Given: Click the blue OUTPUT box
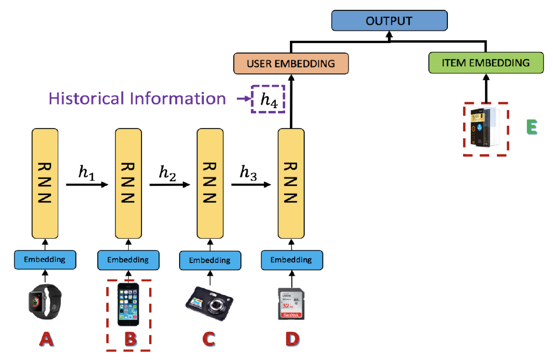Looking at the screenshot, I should click(x=389, y=21).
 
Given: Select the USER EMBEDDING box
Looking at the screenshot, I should click(x=291, y=63).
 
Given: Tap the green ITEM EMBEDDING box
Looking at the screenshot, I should click(x=486, y=63).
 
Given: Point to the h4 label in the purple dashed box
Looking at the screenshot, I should click(x=268, y=99).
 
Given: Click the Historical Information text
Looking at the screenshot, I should click(x=137, y=99).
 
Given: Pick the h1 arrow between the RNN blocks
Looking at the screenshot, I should click(x=87, y=185).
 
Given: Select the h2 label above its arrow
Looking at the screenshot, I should click(x=167, y=173).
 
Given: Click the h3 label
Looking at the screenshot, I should click(x=248, y=173).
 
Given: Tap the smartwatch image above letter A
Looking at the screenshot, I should click(x=45, y=302).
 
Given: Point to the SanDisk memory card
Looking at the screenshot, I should click(x=291, y=304).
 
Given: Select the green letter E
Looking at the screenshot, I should click(x=531, y=127).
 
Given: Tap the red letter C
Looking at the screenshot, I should click(x=209, y=339).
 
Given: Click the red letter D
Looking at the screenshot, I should click(x=292, y=339).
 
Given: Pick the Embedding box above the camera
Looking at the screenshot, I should click(x=210, y=260).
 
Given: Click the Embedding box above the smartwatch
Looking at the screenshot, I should click(x=45, y=260).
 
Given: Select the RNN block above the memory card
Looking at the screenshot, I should click(x=291, y=183).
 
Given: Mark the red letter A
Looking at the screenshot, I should click(x=47, y=339).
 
